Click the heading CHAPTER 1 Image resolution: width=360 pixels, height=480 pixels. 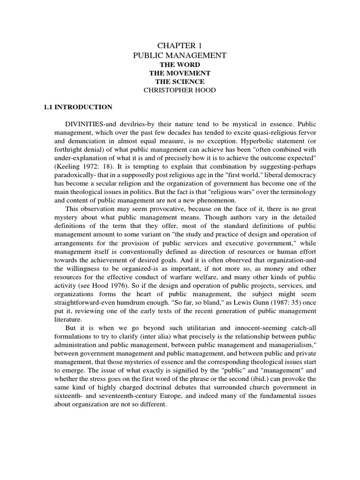tap(180, 45)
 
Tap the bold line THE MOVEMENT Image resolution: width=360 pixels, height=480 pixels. tap(180, 73)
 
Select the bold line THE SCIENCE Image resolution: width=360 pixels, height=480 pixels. tap(180, 82)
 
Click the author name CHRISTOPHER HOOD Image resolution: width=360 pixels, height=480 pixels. tap(180, 90)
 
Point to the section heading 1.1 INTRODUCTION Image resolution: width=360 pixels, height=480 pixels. tap(78, 107)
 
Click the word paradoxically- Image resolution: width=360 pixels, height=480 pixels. tap(66, 175)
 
